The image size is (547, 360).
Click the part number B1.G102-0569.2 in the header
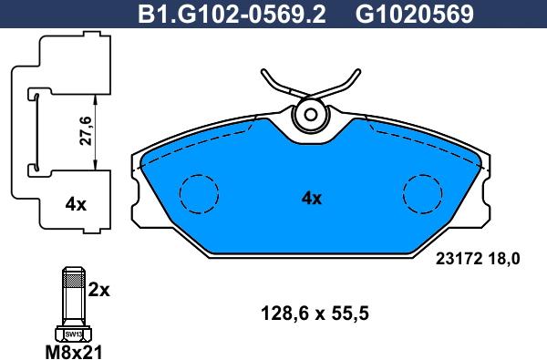232,15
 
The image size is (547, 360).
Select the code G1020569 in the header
415,15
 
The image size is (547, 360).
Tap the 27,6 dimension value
86,131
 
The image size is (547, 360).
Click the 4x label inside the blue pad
312,199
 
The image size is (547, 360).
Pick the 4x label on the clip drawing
76,205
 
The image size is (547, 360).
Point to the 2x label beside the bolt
98,290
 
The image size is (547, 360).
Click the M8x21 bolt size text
74,352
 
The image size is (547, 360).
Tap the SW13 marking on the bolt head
73,334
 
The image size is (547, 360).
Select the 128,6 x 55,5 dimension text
315,314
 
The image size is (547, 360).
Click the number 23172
459,259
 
